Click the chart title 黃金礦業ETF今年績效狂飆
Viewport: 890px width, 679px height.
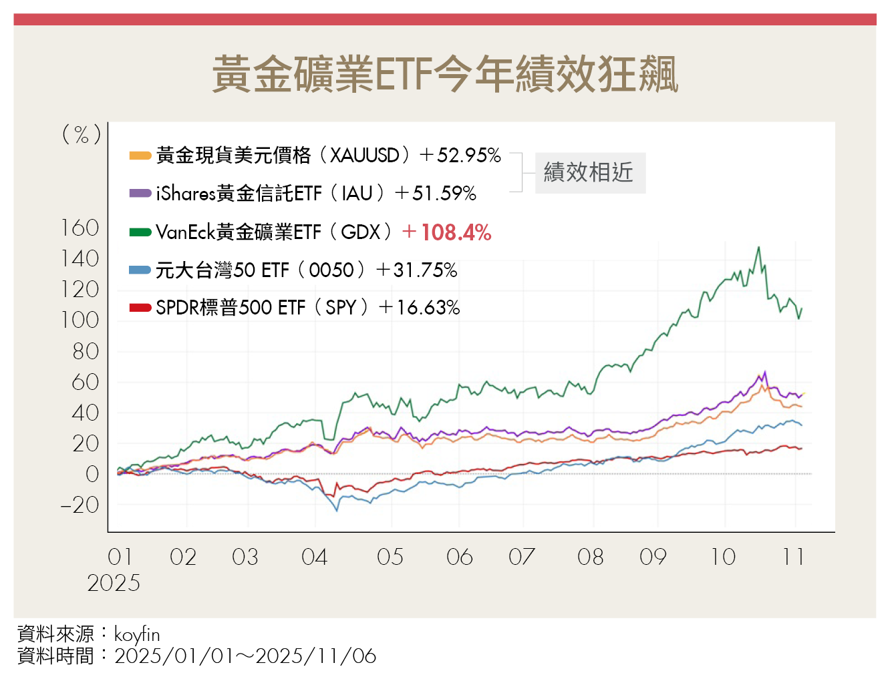(445, 74)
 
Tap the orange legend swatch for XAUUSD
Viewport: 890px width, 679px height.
(140, 156)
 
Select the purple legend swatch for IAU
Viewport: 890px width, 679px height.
(140, 194)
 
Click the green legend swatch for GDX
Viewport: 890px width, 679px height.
(140, 232)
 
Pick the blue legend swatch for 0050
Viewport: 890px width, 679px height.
(140, 270)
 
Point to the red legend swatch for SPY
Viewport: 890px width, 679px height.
(140, 308)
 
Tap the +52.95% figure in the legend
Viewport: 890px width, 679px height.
(468, 156)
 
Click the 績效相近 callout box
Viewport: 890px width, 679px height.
(589, 173)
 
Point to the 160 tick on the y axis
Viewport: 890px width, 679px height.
(80, 228)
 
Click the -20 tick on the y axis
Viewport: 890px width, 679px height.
(80, 505)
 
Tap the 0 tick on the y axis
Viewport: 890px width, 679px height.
(92, 475)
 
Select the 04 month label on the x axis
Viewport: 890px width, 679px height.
(314, 557)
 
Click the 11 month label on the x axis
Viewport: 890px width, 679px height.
(793, 557)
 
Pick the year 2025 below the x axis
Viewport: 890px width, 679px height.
(114, 584)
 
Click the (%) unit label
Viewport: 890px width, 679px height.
(82, 135)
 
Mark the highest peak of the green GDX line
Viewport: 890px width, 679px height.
(758, 248)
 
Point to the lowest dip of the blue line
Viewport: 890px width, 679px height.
(337, 511)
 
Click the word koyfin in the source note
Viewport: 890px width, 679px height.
(137, 634)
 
